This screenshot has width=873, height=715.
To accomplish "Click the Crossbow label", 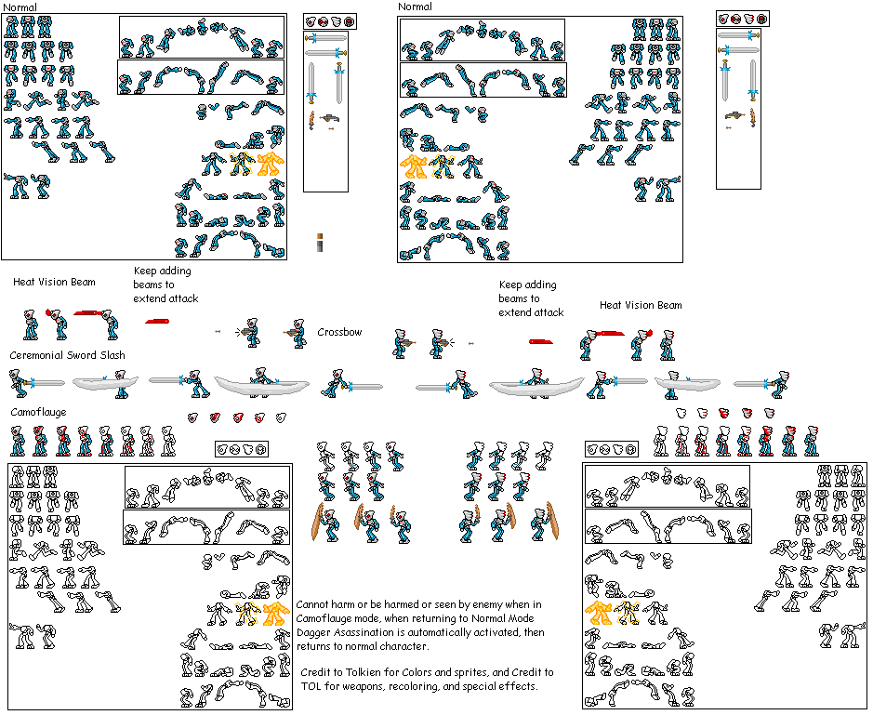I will point(339,332).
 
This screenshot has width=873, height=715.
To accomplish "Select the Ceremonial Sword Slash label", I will point(68,355).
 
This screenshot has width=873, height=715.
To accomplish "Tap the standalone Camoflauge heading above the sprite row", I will point(39,411).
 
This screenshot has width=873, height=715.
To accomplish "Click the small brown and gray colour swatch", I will point(320,242).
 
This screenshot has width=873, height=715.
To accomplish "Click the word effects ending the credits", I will point(518,686).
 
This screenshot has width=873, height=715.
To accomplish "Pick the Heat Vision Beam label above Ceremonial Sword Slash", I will point(54,282).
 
